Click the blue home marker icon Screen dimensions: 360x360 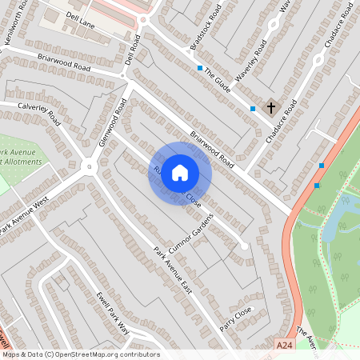click(180, 173)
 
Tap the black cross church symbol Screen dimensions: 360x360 click(270, 106)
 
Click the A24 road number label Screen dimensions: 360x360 click(285, 344)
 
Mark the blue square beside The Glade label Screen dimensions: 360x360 click(200, 68)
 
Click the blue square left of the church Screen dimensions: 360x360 click(253, 108)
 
